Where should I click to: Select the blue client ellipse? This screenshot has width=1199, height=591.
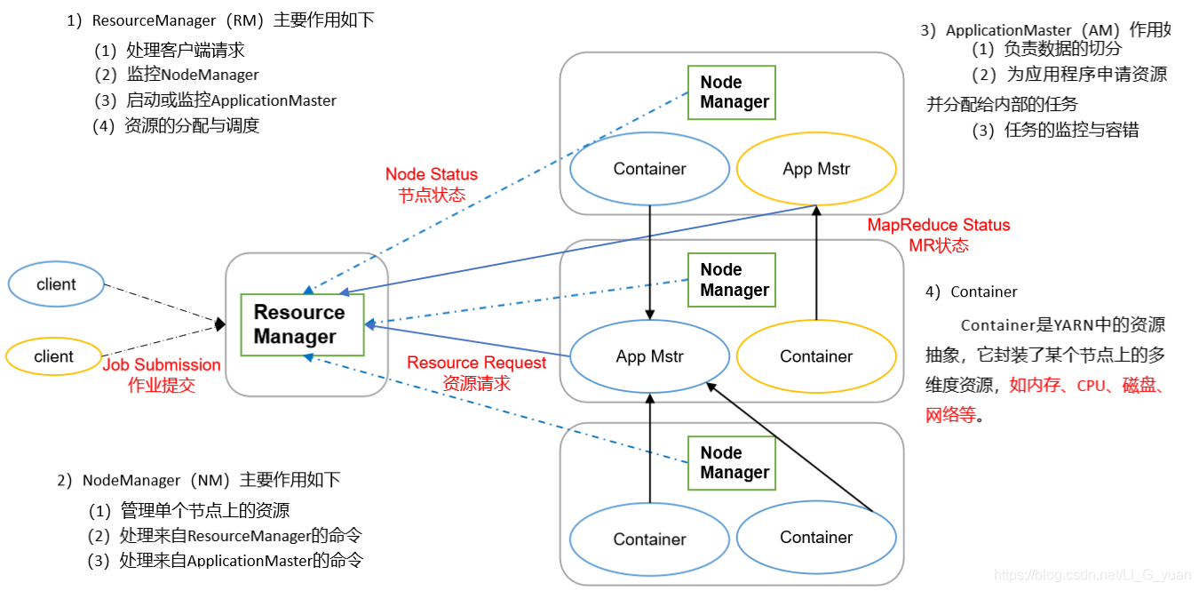click(56, 284)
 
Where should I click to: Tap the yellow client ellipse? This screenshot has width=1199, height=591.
click(54, 356)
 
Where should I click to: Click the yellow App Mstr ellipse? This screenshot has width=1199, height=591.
click(816, 169)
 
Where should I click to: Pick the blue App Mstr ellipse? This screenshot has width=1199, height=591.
click(649, 356)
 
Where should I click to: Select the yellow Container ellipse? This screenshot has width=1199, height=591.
click(816, 356)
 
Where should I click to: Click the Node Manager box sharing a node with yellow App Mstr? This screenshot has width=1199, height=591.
click(732, 92)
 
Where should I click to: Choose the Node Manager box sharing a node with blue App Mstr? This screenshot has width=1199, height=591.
click(732, 280)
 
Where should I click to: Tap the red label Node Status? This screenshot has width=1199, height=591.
click(432, 174)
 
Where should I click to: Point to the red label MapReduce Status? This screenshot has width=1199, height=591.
click(939, 225)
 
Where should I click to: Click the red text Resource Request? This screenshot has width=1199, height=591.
click(477, 363)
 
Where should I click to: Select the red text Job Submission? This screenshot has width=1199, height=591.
click(162, 364)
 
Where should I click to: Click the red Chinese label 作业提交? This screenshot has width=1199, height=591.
click(162, 385)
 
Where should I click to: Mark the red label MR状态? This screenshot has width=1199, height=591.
click(939, 245)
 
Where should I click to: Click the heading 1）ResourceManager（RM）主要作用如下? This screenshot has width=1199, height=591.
click(220, 20)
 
